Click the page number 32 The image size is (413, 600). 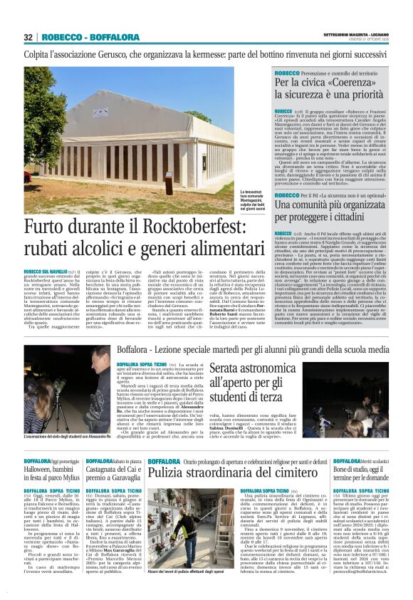28,37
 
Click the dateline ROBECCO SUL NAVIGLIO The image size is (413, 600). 44,271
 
